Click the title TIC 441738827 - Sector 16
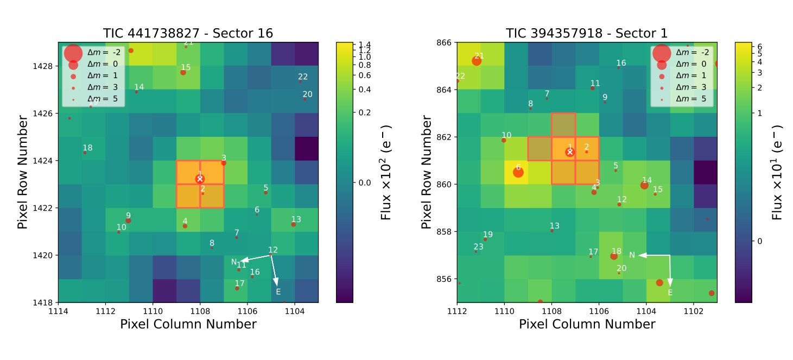188,33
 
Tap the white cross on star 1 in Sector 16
200,179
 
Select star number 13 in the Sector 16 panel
294,224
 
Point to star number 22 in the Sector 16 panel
301,81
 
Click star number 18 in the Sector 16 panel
85,153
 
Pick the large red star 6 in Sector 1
518,172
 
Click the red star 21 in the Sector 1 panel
477,61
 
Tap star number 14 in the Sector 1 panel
644,185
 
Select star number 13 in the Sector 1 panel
552,231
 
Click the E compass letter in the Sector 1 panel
670,293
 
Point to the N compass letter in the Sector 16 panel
234,262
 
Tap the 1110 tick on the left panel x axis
153,310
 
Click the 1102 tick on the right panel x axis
694,310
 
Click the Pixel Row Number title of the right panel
428,173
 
